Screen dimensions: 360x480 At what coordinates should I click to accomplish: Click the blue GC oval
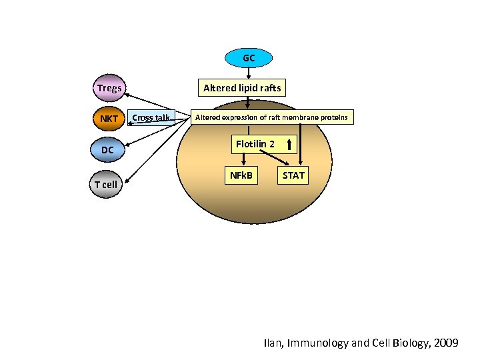tap(248, 58)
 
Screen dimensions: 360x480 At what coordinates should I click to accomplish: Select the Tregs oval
tap(109, 88)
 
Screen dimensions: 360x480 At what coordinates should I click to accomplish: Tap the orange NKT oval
tap(109, 119)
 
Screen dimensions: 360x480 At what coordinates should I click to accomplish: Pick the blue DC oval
tap(107, 151)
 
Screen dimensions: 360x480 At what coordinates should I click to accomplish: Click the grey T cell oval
tap(105, 184)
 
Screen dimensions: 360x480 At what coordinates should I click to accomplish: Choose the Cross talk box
tap(151, 118)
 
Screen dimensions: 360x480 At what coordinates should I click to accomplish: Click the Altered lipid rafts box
tap(242, 87)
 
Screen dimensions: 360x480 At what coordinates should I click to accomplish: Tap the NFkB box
tap(241, 175)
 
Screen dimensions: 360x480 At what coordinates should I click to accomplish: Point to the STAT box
tap(293, 175)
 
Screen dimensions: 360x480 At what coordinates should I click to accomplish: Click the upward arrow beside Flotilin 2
tap(289, 144)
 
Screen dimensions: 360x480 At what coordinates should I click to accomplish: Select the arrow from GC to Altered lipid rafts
tap(248, 73)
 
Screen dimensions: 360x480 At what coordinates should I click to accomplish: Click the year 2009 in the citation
tap(445, 343)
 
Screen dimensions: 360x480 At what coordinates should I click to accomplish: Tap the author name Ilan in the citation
tap(273, 343)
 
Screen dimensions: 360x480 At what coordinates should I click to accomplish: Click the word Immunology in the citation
tap(317, 343)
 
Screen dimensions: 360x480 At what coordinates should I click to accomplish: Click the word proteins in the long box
tap(333, 117)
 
